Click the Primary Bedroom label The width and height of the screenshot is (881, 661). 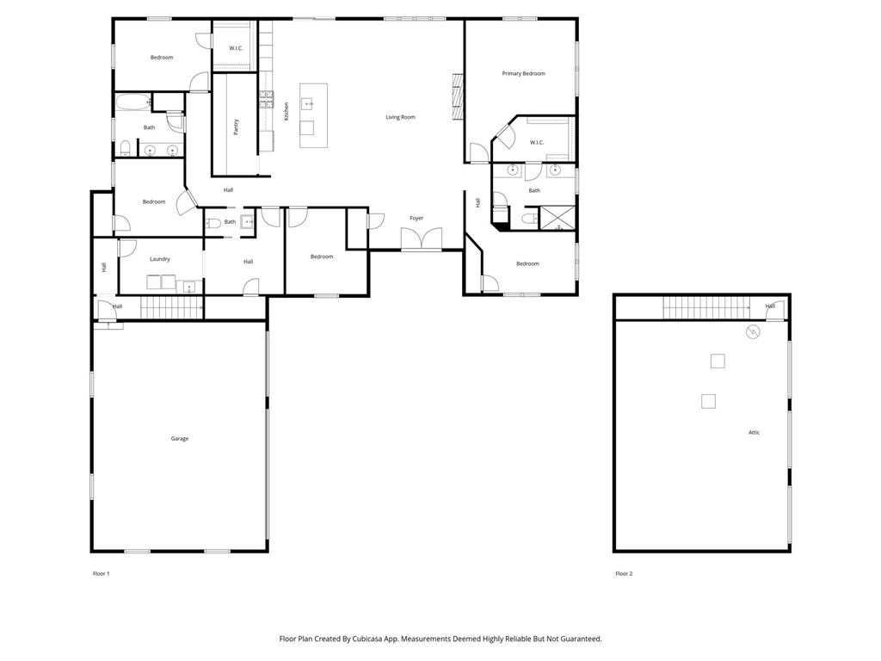coord(523,74)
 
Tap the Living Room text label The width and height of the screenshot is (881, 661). coord(400,117)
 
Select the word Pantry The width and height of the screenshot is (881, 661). coord(236,126)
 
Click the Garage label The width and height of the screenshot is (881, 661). coord(179,439)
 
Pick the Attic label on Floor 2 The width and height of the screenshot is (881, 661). coord(754,433)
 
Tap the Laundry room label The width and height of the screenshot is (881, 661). coord(159,259)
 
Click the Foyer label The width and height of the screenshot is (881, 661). coord(416,219)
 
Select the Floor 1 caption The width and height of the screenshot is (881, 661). coord(102,573)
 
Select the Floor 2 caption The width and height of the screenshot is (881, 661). coord(624,573)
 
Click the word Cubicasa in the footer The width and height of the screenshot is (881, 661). coord(383,639)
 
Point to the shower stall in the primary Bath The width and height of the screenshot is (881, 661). coord(557,219)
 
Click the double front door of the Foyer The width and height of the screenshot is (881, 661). coord(422,239)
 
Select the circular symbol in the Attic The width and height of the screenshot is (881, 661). coord(755,331)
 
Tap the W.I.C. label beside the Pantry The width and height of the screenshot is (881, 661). coord(236,48)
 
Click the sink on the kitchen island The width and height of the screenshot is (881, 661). coord(308,103)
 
